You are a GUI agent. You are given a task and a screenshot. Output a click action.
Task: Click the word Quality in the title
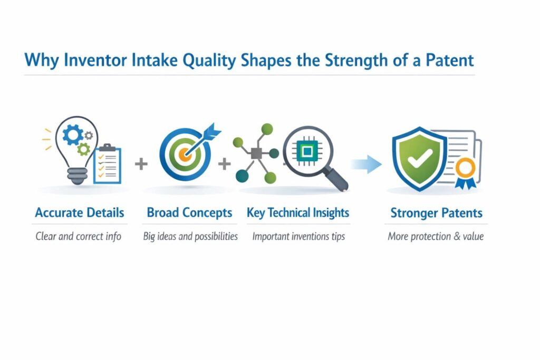pyautogui.click(x=209, y=60)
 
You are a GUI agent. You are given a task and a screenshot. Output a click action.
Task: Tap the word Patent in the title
pyautogui.click(x=450, y=60)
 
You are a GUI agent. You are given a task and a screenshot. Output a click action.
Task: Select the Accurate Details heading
pyautogui.click(x=80, y=213)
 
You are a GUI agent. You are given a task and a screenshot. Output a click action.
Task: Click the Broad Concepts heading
pyautogui.click(x=189, y=213)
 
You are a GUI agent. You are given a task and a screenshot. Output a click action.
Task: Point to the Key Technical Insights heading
pyautogui.click(x=298, y=213)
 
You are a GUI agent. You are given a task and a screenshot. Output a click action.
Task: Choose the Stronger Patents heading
pyautogui.click(x=436, y=213)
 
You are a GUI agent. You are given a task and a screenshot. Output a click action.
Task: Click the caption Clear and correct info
pyautogui.click(x=79, y=237)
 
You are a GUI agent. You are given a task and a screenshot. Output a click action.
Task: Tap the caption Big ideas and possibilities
pyautogui.click(x=190, y=237)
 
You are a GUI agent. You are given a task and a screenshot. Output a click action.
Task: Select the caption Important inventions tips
pyautogui.click(x=298, y=237)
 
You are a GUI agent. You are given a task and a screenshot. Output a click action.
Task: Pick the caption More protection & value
pyautogui.click(x=436, y=237)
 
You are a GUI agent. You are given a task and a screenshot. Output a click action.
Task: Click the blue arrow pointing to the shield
pyautogui.click(x=367, y=164)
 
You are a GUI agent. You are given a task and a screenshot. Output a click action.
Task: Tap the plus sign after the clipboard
pyautogui.click(x=141, y=164)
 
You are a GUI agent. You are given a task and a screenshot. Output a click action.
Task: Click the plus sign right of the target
pyautogui.click(x=225, y=164)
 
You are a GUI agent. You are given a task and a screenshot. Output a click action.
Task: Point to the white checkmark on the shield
pyautogui.click(x=419, y=158)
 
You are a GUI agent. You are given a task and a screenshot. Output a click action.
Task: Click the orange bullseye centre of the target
pyautogui.click(x=185, y=154)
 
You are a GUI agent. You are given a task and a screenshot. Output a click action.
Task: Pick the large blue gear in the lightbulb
pyautogui.click(x=73, y=135)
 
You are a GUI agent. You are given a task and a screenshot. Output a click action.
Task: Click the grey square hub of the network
pyautogui.click(x=257, y=153)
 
